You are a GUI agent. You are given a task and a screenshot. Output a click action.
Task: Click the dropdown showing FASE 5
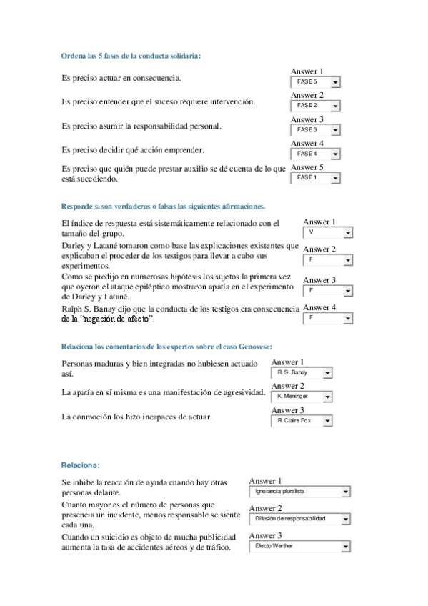pyautogui.click(x=315, y=82)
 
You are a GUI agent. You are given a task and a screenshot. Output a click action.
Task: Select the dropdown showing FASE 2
pyautogui.click(x=315, y=106)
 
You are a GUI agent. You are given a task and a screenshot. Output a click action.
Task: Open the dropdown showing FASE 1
pyautogui.click(x=315, y=178)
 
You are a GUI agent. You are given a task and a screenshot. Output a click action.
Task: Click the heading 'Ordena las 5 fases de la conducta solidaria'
pyautogui.click(x=131, y=56)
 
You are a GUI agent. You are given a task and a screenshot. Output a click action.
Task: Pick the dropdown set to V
pyautogui.click(x=327, y=233)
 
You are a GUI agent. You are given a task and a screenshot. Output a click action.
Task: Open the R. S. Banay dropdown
pyautogui.click(x=302, y=373)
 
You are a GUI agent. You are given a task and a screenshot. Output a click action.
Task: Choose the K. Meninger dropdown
pyautogui.click(x=302, y=397)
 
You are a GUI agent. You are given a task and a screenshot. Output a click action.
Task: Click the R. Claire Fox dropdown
pyautogui.click(x=302, y=421)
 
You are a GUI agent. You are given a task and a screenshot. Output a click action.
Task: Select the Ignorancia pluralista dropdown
pyautogui.click(x=299, y=492)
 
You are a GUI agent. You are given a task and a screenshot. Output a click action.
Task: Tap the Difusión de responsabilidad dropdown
pyautogui.click(x=299, y=519)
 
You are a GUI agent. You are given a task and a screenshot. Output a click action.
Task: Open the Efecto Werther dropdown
pyautogui.click(x=299, y=547)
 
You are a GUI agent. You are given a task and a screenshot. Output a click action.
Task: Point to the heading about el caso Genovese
pyautogui.click(x=166, y=347)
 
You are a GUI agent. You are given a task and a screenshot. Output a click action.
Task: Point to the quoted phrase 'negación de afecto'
pyautogui.click(x=118, y=318)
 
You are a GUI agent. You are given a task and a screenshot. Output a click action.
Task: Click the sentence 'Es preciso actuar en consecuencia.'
pyautogui.click(x=121, y=78)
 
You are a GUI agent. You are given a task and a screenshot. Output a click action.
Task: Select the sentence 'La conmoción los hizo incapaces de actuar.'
pyautogui.click(x=136, y=417)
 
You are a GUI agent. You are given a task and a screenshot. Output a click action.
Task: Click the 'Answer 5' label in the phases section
pyautogui.click(x=307, y=168)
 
